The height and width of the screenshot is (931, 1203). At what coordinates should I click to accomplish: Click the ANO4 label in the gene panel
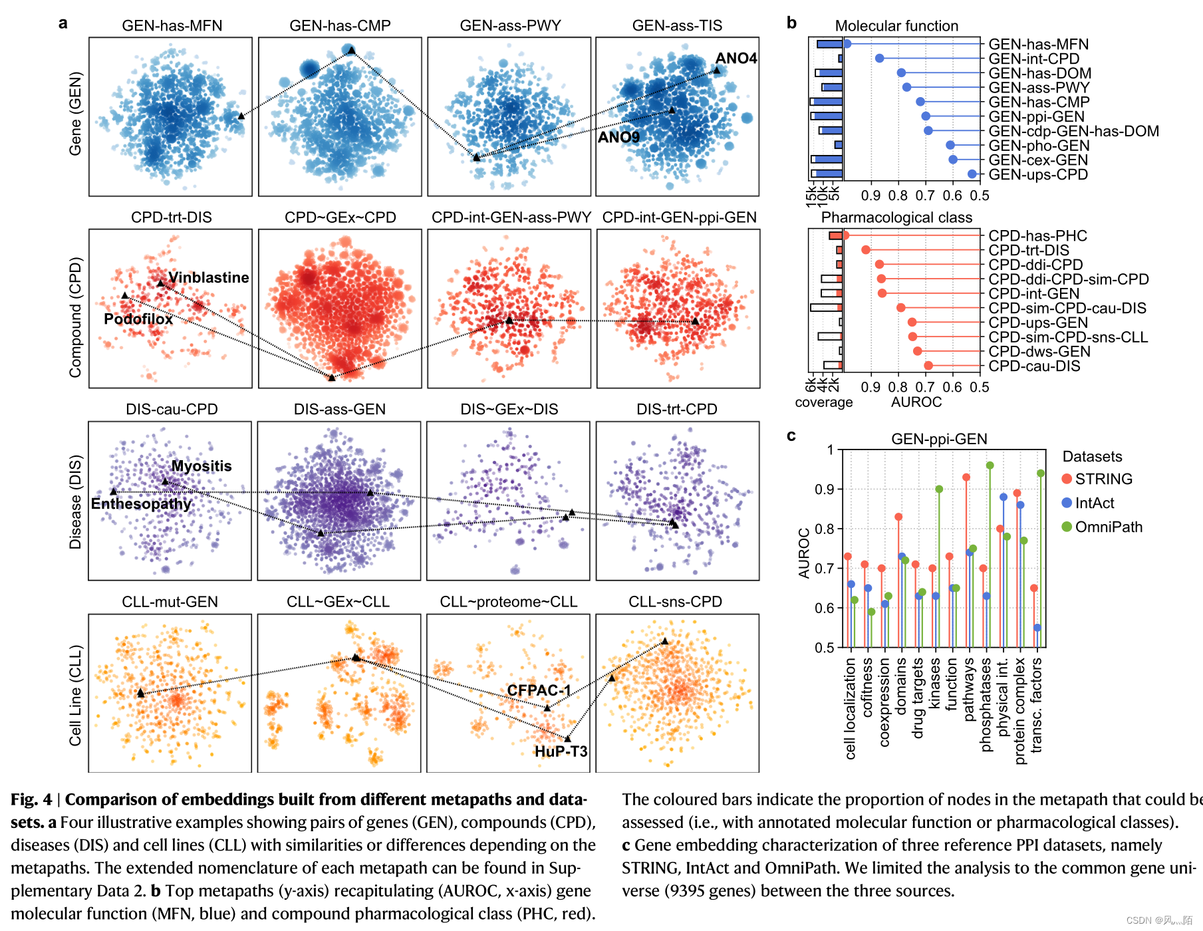pos(735,59)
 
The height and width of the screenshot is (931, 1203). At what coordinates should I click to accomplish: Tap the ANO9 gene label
pos(618,137)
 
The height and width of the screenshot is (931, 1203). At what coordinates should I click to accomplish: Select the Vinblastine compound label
pos(208,277)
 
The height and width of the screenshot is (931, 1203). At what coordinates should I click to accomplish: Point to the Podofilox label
pos(138,319)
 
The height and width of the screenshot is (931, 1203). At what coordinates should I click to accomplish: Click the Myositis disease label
pos(201,465)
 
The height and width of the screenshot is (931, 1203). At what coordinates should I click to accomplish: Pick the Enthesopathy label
pos(141,503)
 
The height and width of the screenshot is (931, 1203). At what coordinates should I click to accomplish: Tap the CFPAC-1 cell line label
pos(539,690)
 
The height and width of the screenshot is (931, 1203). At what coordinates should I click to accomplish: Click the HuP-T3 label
pos(561,751)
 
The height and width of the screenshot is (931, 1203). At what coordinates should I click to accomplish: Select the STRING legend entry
pos(1103,479)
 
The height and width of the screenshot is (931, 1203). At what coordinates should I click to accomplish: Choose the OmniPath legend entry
pos(1108,527)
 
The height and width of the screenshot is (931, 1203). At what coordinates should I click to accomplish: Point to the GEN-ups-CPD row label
pos(1038,174)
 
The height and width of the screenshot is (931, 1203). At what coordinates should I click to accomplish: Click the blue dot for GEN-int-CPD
pos(879,59)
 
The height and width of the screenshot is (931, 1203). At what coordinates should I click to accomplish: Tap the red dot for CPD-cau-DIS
pos(928,366)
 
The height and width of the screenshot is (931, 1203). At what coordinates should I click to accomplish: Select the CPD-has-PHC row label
pos(1037,235)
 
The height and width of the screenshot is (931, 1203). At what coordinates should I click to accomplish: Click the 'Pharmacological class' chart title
pos(896,217)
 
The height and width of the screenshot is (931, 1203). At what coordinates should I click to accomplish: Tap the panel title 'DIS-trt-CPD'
pos(676,409)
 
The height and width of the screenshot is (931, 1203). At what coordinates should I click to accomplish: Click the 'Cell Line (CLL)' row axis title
pos(75,695)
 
